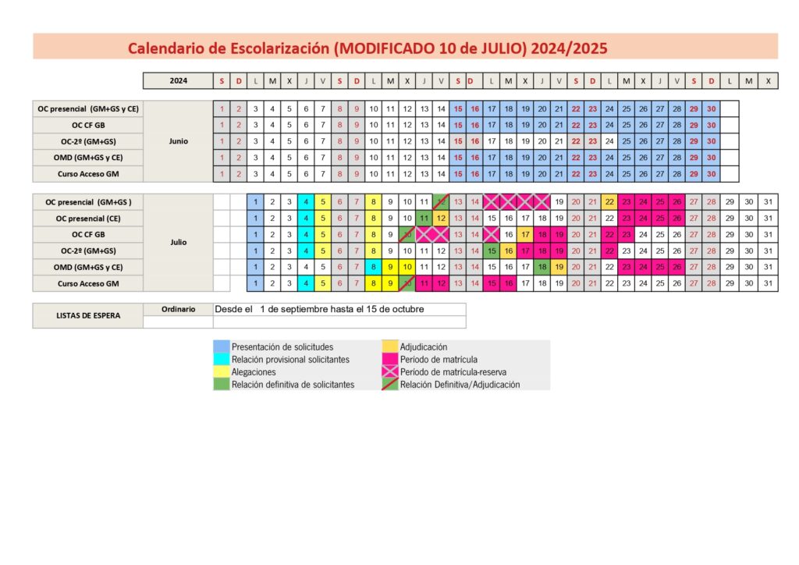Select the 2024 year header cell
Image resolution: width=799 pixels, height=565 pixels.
coord(178,80)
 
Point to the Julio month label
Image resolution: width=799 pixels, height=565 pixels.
coord(178,242)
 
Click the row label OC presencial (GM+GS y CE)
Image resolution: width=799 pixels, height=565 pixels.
coord(88,108)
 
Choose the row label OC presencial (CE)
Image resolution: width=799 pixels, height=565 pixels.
coord(88,218)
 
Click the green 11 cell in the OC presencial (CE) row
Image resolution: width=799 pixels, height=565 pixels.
coord(424,218)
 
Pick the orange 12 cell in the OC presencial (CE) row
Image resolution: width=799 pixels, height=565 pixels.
coord(441,218)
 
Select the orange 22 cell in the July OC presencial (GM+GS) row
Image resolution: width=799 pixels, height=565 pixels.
coord(609,201)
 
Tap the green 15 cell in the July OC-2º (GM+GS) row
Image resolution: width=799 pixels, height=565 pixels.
coord(492,251)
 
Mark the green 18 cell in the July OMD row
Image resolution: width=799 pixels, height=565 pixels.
coord(542,267)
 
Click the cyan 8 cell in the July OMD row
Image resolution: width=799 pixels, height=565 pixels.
coord(373,267)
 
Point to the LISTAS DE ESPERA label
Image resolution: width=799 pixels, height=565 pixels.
coord(88,315)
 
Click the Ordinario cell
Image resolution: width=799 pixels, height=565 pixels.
coord(178,309)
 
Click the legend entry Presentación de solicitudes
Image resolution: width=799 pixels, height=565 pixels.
coord(282,346)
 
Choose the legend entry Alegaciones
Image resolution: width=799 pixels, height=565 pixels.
coord(254,372)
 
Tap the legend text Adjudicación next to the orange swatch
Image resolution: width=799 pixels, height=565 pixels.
coord(424,346)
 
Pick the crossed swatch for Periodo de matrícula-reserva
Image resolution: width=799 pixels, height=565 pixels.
coord(390,372)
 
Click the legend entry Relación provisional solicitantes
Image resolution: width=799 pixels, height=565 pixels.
coord(290,360)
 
